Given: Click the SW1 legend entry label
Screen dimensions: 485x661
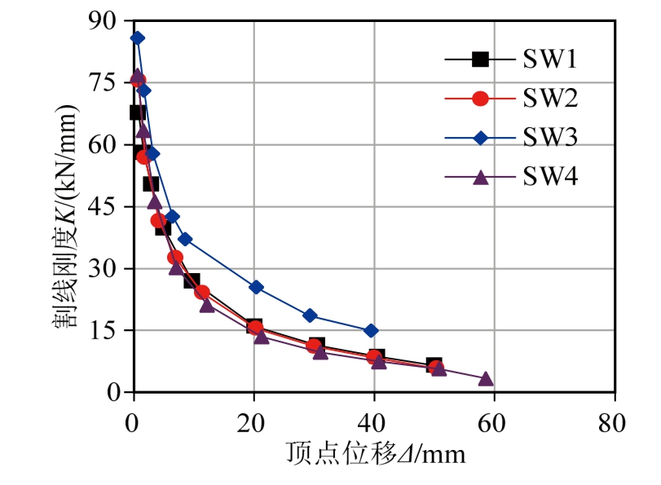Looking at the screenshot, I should pos(550,59).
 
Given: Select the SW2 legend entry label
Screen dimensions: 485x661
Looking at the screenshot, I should pos(550,99).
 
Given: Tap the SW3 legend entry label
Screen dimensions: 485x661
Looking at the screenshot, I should pos(550,138).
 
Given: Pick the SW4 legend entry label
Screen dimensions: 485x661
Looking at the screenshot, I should pos(550,177).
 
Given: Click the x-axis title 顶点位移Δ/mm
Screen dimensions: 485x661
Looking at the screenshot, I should pos(375,453).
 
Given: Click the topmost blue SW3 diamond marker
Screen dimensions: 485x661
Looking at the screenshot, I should pos(137,37).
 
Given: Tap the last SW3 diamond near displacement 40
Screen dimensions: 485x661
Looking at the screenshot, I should pos(371,330).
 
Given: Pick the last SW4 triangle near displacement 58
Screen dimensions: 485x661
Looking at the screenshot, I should pos(486,379).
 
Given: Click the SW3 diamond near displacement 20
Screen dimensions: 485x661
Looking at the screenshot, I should pos(256,287).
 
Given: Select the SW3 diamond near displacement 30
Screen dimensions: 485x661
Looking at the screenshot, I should pos(310,315).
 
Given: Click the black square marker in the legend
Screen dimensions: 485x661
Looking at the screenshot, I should pos(481,59).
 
